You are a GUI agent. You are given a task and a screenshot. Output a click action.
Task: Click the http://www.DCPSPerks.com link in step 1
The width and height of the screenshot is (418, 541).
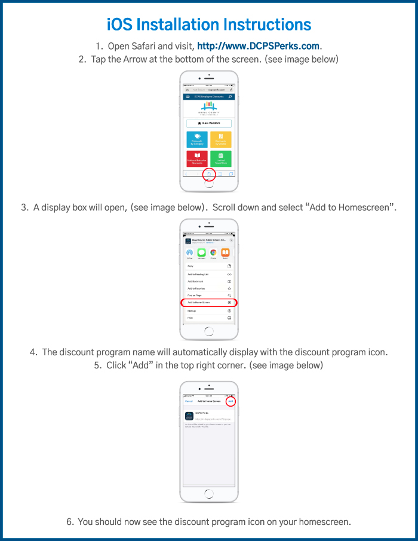point(258,45)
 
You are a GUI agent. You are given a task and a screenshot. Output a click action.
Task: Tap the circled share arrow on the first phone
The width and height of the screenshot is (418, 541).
point(209,174)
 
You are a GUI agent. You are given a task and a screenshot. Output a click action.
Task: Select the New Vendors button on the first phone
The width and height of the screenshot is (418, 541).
point(209,123)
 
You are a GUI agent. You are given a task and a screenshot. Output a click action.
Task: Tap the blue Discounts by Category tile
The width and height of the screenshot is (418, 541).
point(197,140)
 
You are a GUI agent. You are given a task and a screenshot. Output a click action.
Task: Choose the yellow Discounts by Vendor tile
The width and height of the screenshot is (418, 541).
point(221,140)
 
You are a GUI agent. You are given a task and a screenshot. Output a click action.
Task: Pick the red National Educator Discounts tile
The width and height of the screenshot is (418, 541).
point(197,159)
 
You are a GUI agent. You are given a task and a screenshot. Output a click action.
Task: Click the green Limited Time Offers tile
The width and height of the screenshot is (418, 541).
point(221,159)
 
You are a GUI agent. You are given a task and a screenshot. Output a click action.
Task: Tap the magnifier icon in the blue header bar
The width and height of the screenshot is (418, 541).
point(230,96)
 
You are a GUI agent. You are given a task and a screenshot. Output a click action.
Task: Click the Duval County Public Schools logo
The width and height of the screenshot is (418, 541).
point(209,109)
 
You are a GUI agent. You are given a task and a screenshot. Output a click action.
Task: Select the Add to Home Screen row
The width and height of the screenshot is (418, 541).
point(209,303)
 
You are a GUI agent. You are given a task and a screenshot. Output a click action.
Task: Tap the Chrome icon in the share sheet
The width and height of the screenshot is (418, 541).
point(213,253)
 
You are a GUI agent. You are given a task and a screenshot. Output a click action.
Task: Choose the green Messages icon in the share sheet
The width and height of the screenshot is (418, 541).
point(201,253)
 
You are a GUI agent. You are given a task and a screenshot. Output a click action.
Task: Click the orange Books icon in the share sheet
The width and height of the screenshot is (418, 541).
point(226,253)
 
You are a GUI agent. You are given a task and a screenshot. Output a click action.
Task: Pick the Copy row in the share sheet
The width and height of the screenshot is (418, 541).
point(209,266)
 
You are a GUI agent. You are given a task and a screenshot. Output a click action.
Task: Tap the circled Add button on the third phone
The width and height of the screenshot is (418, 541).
point(230,401)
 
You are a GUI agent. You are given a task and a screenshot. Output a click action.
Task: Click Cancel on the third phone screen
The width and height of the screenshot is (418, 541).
point(189,401)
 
